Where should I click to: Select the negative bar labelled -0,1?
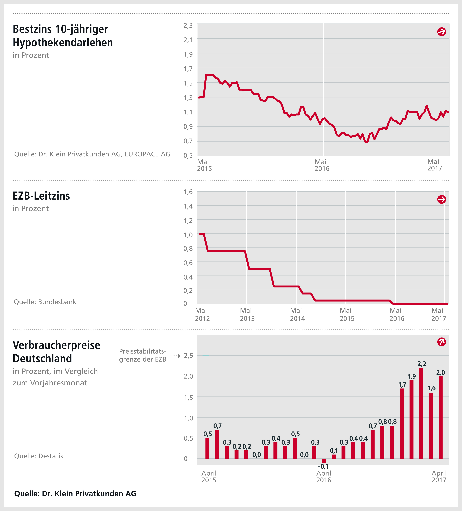(x=324, y=461)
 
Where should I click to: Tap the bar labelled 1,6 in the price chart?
(x=431, y=426)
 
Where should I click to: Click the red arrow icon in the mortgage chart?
(x=441, y=32)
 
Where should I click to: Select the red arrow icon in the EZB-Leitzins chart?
(x=441, y=199)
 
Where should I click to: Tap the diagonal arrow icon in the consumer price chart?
(x=441, y=342)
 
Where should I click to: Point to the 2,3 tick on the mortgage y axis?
(x=188, y=25)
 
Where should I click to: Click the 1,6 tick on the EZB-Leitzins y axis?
(x=188, y=192)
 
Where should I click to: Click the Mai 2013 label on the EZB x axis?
(x=247, y=314)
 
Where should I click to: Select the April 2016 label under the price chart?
(x=324, y=476)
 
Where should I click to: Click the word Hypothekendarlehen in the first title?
(x=63, y=43)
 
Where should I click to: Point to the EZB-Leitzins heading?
(x=41, y=196)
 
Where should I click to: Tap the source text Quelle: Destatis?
(x=38, y=456)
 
